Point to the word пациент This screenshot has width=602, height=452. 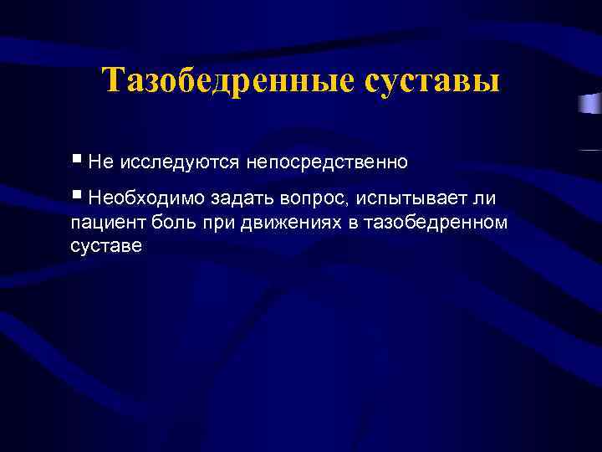[x=107, y=223]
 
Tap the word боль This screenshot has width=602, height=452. [x=172, y=222]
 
